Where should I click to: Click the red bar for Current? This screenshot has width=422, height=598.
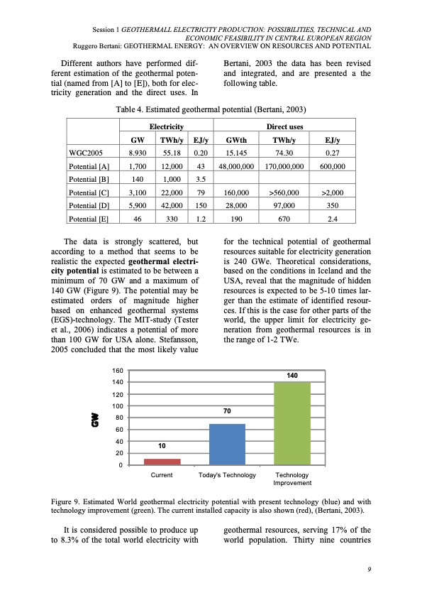click(162, 462)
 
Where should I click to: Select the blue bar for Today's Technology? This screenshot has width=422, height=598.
click(227, 444)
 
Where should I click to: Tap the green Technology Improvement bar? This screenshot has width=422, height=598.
click(292, 423)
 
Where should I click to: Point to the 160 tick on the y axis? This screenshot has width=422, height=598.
click(118, 371)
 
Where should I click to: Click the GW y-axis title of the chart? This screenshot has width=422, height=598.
click(93, 419)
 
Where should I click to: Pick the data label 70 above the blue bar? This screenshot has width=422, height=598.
click(227, 411)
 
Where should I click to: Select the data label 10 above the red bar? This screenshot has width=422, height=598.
click(162, 447)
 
